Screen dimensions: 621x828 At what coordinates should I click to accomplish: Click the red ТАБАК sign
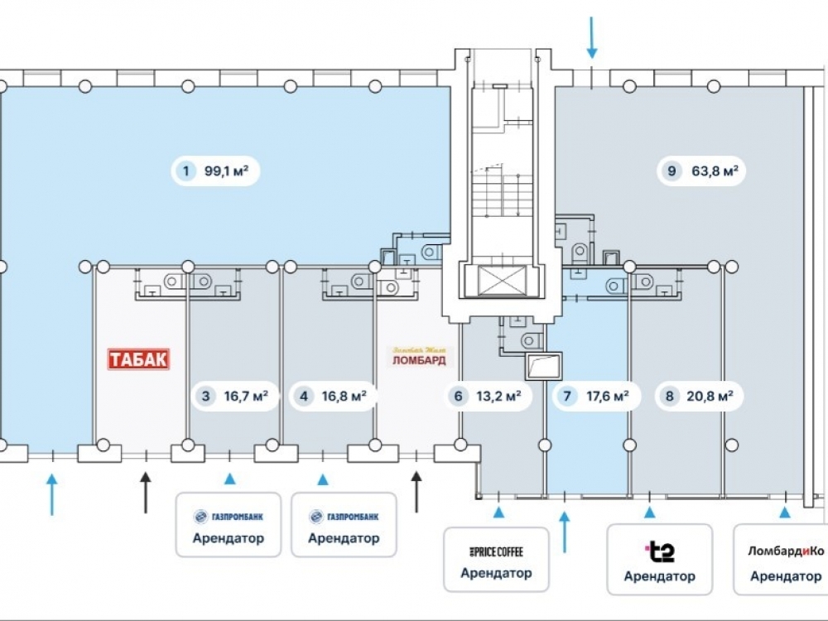click(139, 359)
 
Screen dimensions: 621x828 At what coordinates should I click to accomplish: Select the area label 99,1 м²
click(226, 172)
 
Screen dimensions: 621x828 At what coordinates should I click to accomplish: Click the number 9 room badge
click(672, 172)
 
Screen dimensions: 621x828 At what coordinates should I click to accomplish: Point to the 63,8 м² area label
click(715, 172)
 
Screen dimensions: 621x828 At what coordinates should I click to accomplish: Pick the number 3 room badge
click(205, 397)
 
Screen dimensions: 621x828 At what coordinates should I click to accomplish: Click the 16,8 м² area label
click(345, 397)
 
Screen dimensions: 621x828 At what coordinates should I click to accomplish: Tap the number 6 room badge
click(458, 397)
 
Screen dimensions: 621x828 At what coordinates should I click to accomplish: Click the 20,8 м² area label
click(710, 397)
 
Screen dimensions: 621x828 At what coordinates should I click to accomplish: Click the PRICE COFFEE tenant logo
click(496, 551)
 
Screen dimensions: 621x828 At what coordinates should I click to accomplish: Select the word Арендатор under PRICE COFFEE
click(496, 573)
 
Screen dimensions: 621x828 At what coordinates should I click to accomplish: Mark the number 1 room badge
click(187, 172)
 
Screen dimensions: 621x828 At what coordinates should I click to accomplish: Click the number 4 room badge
click(304, 397)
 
